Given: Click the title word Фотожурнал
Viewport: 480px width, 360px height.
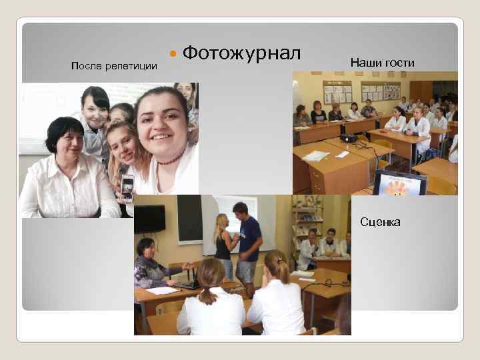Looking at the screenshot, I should (x=241, y=53).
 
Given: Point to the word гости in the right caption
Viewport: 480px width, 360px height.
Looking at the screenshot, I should (x=400, y=63).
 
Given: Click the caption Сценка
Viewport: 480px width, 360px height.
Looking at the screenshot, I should (x=380, y=222).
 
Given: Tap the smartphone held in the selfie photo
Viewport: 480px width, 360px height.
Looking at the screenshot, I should (x=127, y=187).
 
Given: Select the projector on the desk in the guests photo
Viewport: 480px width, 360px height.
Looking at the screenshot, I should (x=349, y=139).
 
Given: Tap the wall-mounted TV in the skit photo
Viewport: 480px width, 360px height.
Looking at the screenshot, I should (x=150, y=218).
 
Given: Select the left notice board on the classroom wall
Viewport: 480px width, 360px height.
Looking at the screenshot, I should (x=337, y=92).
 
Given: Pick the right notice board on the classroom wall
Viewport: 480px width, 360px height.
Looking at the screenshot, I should (x=381, y=91).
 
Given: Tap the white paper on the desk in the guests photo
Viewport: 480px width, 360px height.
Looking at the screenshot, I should (x=316, y=155).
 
